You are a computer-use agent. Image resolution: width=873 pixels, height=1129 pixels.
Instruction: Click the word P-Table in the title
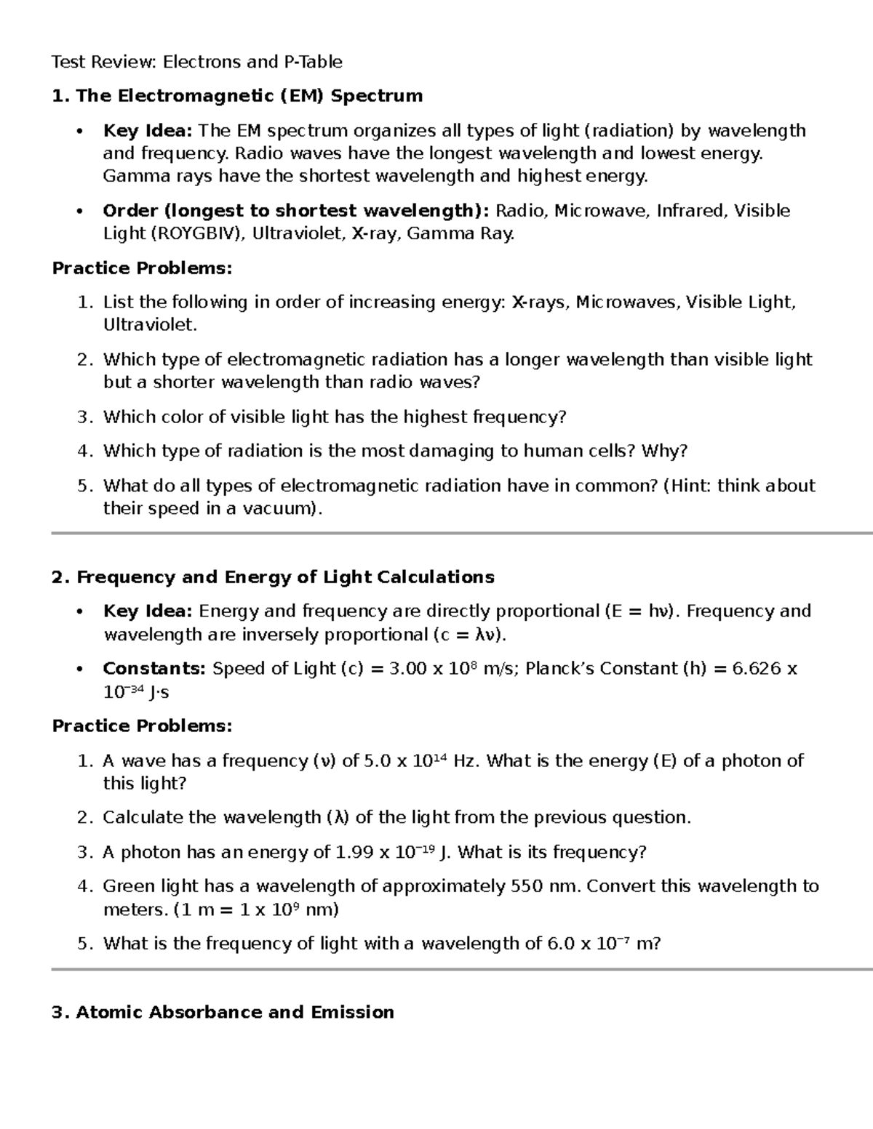click(x=312, y=62)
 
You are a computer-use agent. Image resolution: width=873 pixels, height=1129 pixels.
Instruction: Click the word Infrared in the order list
click(x=690, y=211)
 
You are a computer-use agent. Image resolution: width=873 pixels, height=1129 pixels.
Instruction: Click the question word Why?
click(x=664, y=451)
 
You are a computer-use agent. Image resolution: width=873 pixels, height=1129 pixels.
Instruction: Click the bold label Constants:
click(x=154, y=669)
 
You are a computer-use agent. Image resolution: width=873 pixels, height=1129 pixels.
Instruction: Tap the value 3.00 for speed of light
click(x=408, y=669)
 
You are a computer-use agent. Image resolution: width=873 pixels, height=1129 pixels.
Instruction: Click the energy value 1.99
click(x=353, y=853)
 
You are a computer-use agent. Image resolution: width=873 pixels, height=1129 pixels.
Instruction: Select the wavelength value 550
click(x=526, y=887)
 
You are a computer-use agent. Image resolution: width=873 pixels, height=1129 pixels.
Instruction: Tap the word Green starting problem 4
click(x=129, y=887)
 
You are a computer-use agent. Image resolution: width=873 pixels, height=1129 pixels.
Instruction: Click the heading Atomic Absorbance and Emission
click(x=235, y=1013)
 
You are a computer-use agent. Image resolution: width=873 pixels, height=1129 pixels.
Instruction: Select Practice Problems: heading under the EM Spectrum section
click(x=142, y=268)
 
